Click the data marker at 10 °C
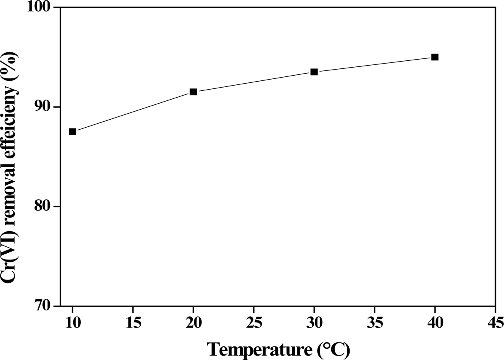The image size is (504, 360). point(72,132)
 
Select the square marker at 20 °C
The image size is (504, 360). point(193,92)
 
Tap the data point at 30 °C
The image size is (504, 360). point(314,72)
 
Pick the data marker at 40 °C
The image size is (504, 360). point(435,57)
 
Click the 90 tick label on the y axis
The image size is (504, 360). point(45,107)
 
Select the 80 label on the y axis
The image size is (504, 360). point(45,206)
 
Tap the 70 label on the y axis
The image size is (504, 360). point(45,306)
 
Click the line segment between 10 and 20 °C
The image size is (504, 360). point(133,112)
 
